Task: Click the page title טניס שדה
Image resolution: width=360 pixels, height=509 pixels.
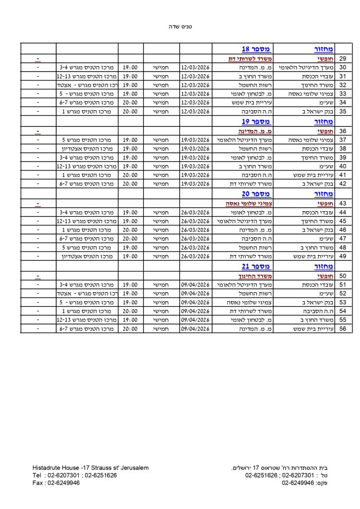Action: [x=180, y=26]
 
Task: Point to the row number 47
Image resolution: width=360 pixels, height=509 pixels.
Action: [x=343, y=239]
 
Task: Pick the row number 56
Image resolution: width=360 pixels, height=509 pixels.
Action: [x=343, y=329]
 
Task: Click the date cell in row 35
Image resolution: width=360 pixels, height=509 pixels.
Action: [x=196, y=111]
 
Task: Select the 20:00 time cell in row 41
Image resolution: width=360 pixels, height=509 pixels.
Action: [x=130, y=174]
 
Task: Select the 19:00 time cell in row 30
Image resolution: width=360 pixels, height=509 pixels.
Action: [x=130, y=67]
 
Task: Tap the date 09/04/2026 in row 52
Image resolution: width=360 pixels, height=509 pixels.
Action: [x=196, y=293]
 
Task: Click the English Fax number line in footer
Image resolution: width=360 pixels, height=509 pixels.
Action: [x=56, y=483]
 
